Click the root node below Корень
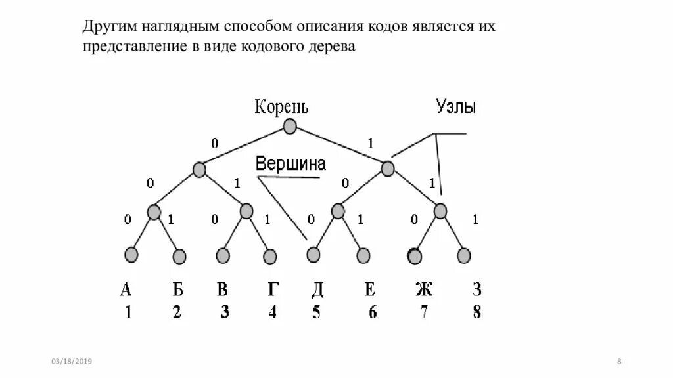tap(290, 127)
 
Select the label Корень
tap(281, 106)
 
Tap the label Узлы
tap(455, 106)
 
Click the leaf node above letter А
tap(131, 254)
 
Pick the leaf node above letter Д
tap(313, 254)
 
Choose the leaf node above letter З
tap(464, 255)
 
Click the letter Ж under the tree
tap(424, 289)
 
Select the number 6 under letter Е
tap(373, 312)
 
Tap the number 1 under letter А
tap(128, 312)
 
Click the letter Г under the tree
tap(273, 289)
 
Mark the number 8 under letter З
tap(476, 312)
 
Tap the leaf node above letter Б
tap(179, 255)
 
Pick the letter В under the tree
tap(223, 289)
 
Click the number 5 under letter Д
tap(316, 312)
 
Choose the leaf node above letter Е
tap(363, 255)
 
